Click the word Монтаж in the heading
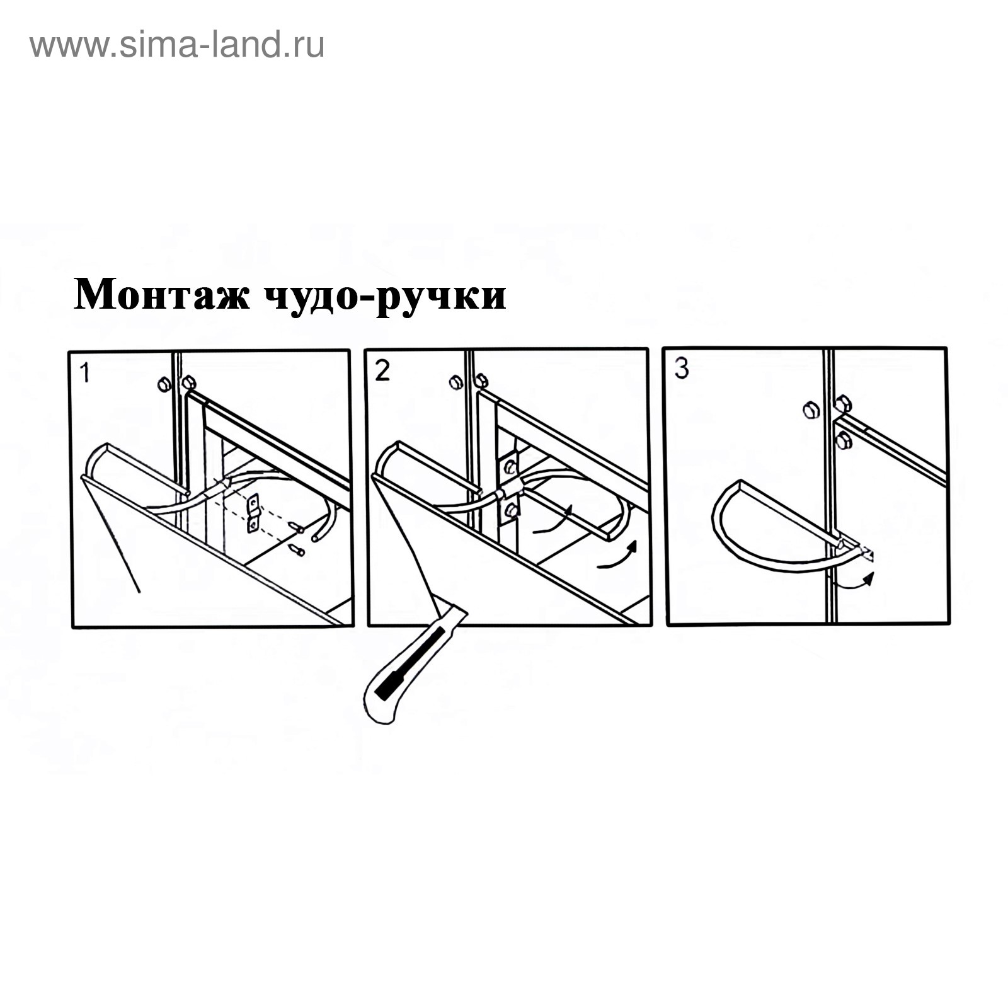(x=162, y=294)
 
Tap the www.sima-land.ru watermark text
(x=177, y=45)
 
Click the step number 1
(x=85, y=373)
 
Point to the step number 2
(x=382, y=370)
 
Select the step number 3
(x=682, y=368)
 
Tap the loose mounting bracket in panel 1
(x=253, y=513)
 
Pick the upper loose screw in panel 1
(x=295, y=526)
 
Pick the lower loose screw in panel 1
(x=296, y=551)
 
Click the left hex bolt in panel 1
(x=164, y=384)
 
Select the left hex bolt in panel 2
(x=457, y=382)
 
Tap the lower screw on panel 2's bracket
(x=512, y=510)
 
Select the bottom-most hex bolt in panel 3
(x=843, y=441)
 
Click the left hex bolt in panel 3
(x=811, y=411)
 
